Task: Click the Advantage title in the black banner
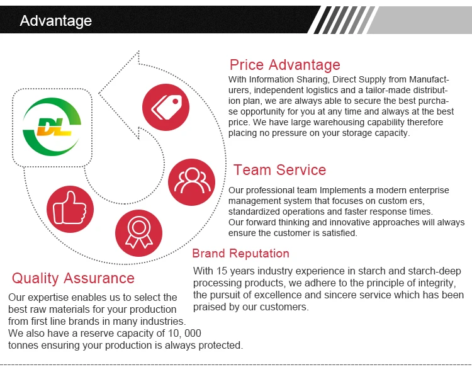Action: coord(55,21)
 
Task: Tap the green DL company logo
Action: coord(52,127)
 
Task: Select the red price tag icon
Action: coord(166,107)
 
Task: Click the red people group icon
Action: coord(191,182)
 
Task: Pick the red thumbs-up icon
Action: coord(70,209)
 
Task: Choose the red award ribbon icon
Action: coord(139,233)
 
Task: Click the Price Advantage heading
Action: coord(284,65)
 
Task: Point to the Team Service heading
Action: coord(279,170)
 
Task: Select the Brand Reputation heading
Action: coord(240,254)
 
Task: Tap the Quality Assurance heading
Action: coord(73,278)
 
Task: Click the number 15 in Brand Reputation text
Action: coord(222,271)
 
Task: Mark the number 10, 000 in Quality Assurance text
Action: coord(184,333)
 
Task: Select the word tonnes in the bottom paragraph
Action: coord(23,345)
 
